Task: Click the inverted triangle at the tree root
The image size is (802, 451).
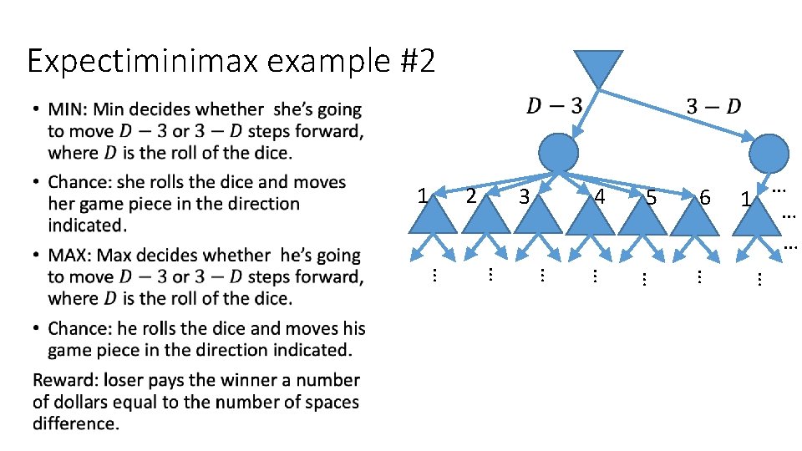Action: (598, 66)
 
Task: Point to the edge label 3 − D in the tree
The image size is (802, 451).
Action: (713, 106)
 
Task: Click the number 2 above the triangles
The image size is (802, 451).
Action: (471, 196)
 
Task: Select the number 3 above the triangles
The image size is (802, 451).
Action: (524, 198)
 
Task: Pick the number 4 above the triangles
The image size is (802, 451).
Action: (598, 198)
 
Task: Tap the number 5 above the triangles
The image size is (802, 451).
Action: (652, 199)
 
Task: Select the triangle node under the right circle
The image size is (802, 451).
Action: (763, 219)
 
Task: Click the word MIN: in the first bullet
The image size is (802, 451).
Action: (69, 109)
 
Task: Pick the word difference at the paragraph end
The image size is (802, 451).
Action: (75, 423)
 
